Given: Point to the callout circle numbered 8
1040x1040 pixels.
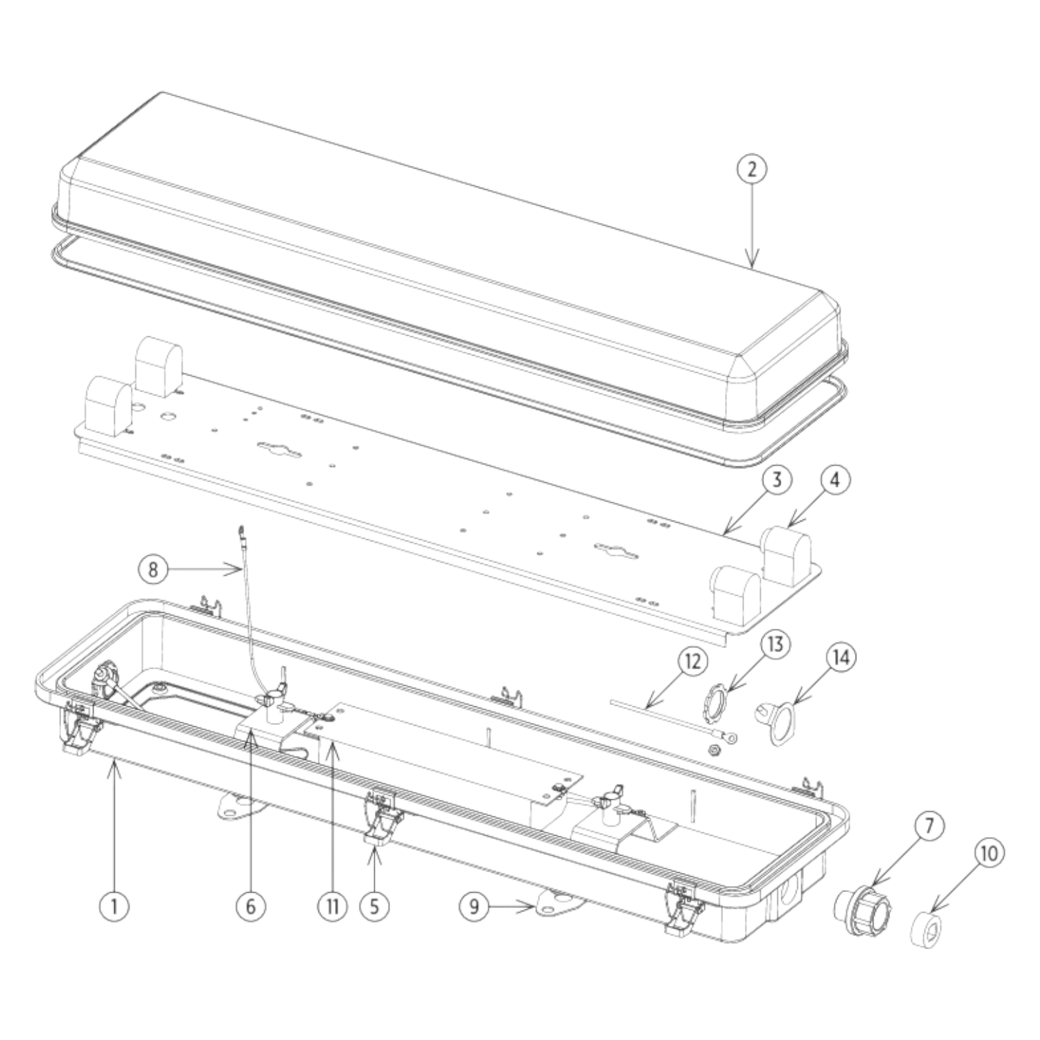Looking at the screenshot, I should [153, 569].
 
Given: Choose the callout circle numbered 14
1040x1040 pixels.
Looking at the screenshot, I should [841, 658].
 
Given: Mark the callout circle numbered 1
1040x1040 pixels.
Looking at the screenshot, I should [114, 907].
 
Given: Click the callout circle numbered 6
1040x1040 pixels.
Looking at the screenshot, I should [250, 907].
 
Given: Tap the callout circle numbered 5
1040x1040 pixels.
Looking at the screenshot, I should [374, 907].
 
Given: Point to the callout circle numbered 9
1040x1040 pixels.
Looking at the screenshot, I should [475, 907].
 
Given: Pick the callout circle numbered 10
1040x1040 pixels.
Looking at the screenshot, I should [988, 854].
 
